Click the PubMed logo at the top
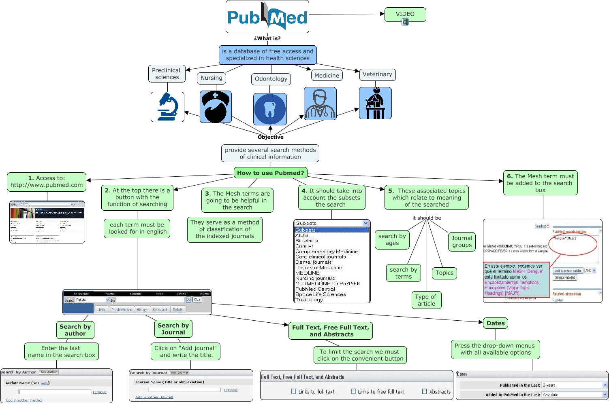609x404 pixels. [267, 17]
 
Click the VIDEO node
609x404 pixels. [405, 15]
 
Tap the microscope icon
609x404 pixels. [167, 107]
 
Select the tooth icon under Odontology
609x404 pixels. [270, 109]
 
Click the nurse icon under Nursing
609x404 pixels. [216, 107]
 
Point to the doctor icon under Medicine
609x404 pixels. [320, 104]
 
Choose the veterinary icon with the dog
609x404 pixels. [375, 103]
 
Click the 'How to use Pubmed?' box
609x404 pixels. [270, 173]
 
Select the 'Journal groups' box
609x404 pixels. [462, 241]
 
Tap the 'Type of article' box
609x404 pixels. [426, 300]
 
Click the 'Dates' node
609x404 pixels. [496, 323]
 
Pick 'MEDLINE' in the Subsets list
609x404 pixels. [308, 273]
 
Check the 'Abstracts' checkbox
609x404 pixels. [425, 391]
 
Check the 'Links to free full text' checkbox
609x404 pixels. [353, 391]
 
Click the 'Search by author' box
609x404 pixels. [75, 330]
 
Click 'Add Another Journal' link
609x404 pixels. [154, 397]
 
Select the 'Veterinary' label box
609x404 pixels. [377, 74]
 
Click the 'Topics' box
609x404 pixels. [444, 273]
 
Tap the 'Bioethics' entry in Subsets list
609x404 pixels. [307, 241]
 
